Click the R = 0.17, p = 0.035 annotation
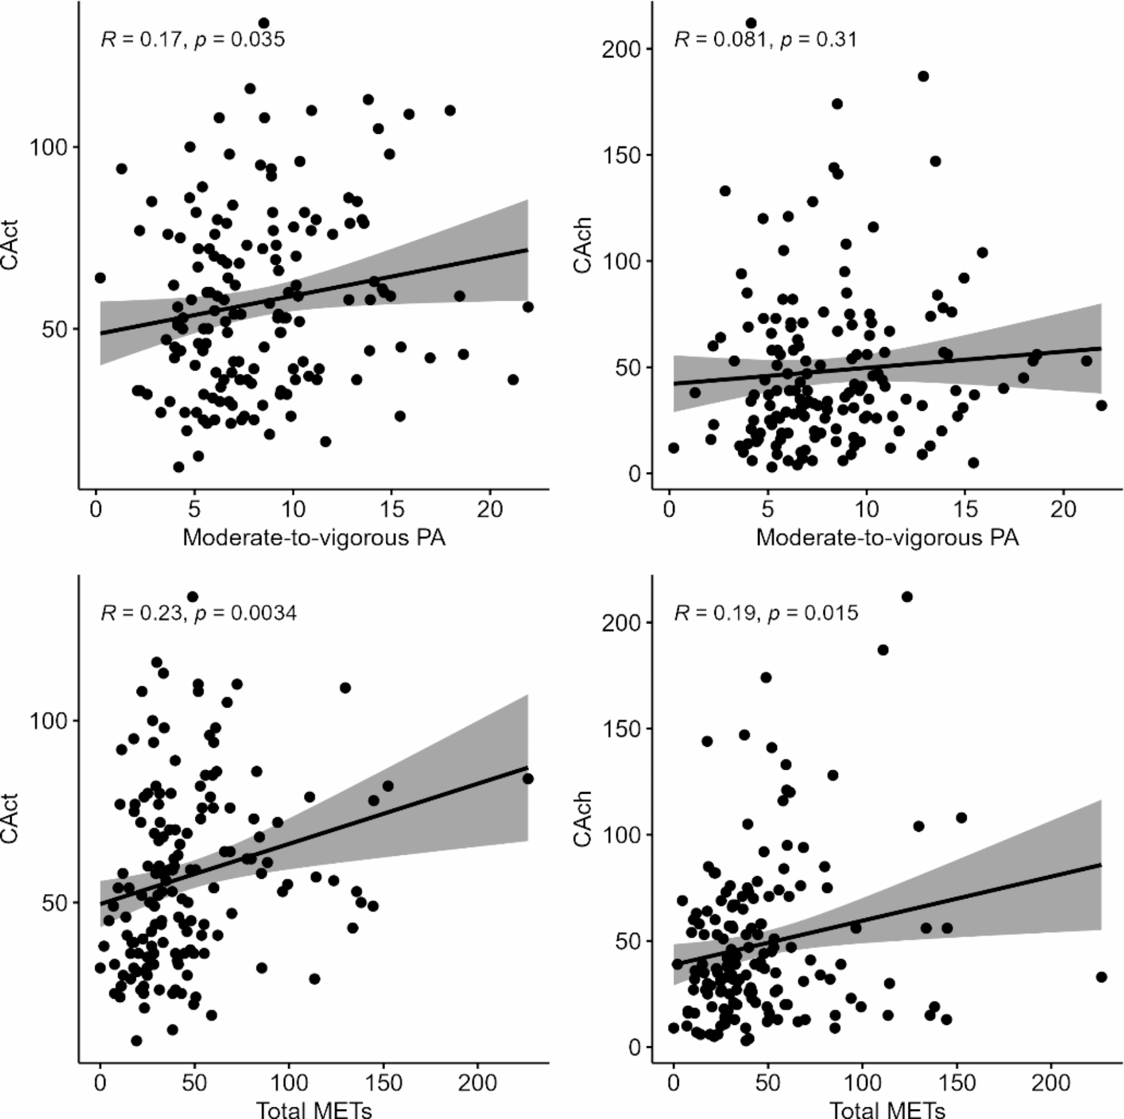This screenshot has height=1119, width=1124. pyautogui.click(x=193, y=40)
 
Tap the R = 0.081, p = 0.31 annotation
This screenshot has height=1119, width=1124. pyautogui.click(x=765, y=40)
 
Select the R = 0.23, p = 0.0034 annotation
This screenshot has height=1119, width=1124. pyautogui.click(x=198, y=613)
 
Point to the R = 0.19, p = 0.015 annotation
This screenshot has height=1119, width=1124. pyautogui.click(x=766, y=613)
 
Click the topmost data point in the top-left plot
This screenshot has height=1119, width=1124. pyautogui.click(x=264, y=24)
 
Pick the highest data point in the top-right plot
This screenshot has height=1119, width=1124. pyautogui.click(x=751, y=24)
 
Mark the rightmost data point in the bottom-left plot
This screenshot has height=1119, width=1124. pyautogui.click(x=528, y=779)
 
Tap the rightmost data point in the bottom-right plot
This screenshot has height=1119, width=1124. pyautogui.click(x=1101, y=977)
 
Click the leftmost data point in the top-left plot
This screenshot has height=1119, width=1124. pyautogui.click(x=100, y=278)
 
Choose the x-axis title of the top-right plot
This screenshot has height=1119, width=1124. pyautogui.click(x=887, y=538)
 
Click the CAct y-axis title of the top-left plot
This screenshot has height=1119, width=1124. pyautogui.click(x=11, y=245)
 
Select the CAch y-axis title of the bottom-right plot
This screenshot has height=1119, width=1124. pyautogui.click(x=582, y=818)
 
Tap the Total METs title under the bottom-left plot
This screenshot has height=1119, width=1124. pyautogui.click(x=314, y=1109)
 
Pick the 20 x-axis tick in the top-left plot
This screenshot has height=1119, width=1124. pyautogui.click(x=490, y=510)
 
